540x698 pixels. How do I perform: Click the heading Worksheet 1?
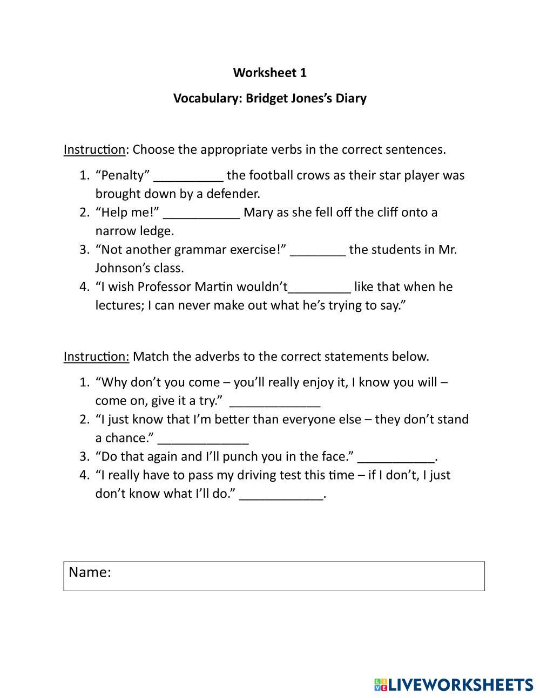click(269, 72)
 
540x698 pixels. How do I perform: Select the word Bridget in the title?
click(267, 98)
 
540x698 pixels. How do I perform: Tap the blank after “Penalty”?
click(188, 177)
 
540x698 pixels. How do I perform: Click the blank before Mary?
click(201, 214)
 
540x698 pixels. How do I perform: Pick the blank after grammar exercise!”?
click(318, 251)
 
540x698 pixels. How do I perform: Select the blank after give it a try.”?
click(275, 402)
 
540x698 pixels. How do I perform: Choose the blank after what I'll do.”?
click(281, 496)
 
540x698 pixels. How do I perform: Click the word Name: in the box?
click(90, 572)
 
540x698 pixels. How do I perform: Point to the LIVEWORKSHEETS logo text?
click(461, 685)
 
